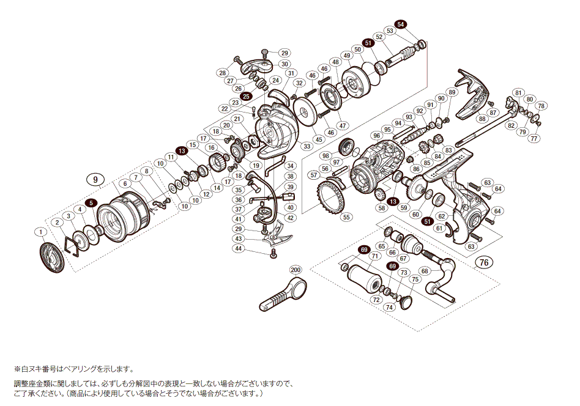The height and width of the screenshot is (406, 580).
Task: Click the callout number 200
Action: tap(296, 270)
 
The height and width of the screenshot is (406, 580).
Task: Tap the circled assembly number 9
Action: tap(95, 179)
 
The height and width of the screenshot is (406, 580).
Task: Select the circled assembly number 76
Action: tap(483, 263)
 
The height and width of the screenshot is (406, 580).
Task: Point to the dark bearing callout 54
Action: tap(401, 24)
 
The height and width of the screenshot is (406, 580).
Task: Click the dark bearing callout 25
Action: tap(246, 96)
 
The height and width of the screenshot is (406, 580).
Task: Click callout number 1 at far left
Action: tap(40, 232)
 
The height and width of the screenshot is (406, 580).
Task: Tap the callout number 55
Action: tap(346, 216)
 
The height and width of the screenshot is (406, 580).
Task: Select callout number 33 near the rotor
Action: tap(306, 146)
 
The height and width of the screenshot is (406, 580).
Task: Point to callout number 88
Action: tap(482, 119)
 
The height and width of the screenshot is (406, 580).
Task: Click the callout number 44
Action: tap(239, 249)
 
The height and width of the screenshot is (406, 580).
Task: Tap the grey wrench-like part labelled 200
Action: tap(279, 295)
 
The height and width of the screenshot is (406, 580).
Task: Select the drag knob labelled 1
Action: tap(51, 257)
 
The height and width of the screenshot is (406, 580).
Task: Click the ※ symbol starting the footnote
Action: tap(17, 369)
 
